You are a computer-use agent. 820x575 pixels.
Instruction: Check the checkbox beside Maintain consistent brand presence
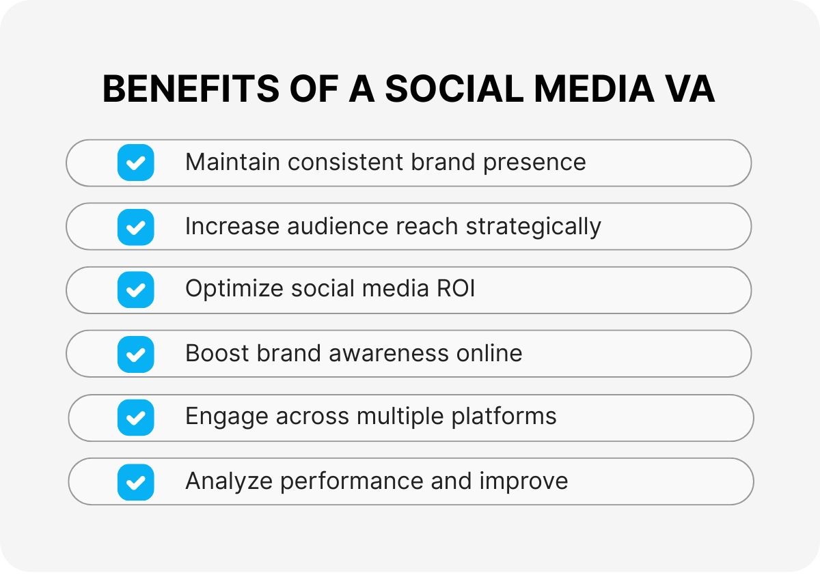135,163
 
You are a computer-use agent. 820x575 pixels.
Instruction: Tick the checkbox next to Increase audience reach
135,227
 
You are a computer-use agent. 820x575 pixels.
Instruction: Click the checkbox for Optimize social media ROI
135,290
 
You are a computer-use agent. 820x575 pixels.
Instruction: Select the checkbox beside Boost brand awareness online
135,354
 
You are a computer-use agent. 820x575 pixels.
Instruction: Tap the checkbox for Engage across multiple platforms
135,417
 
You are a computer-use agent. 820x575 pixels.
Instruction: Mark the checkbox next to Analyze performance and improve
135,481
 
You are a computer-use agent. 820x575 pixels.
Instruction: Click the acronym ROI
456,289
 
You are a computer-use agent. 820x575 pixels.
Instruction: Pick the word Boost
218,353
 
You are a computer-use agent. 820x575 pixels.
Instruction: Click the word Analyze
229,481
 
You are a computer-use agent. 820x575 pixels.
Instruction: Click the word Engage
226,417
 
